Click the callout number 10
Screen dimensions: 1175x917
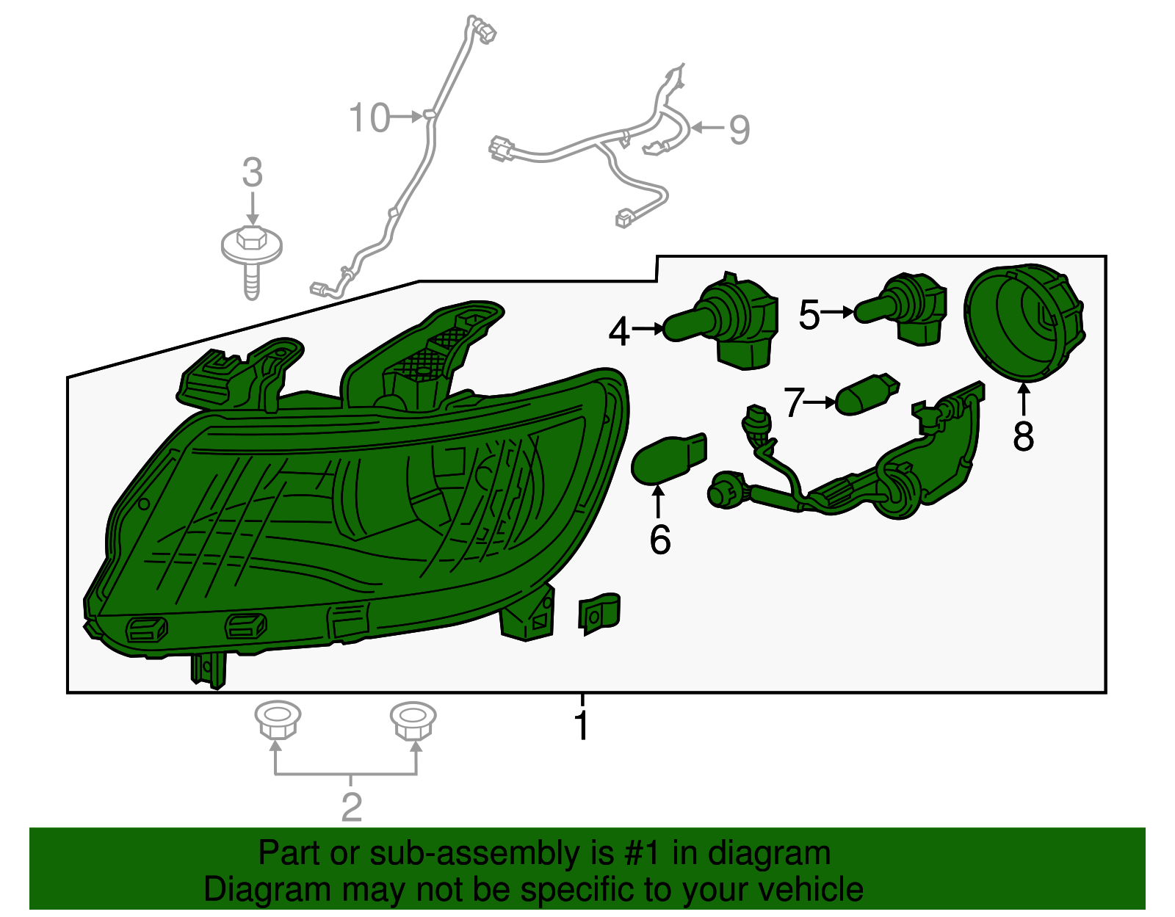pyautogui.click(x=369, y=117)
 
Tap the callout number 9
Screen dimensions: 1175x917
pyautogui.click(x=740, y=130)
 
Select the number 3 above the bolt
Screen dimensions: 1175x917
pyautogui.click(x=252, y=173)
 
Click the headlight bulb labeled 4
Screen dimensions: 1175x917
pyautogui.click(x=722, y=322)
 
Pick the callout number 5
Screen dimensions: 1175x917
pyautogui.click(x=809, y=315)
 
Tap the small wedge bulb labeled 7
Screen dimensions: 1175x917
pyautogui.click(x=867, y=394)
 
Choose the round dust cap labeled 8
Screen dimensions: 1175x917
pyautogui.click(x=1024, y=323)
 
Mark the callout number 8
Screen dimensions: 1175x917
pyautogui.click(x=1024, y=436)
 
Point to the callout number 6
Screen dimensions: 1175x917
pyautogui.click(x=660, y=540)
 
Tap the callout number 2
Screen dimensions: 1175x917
pyautogui.click(x=352, y=808)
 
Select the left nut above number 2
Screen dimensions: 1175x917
pyautogui.click(x=278, y=720)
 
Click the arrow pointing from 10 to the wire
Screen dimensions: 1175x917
pyautogui.click(x=405, y=116)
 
